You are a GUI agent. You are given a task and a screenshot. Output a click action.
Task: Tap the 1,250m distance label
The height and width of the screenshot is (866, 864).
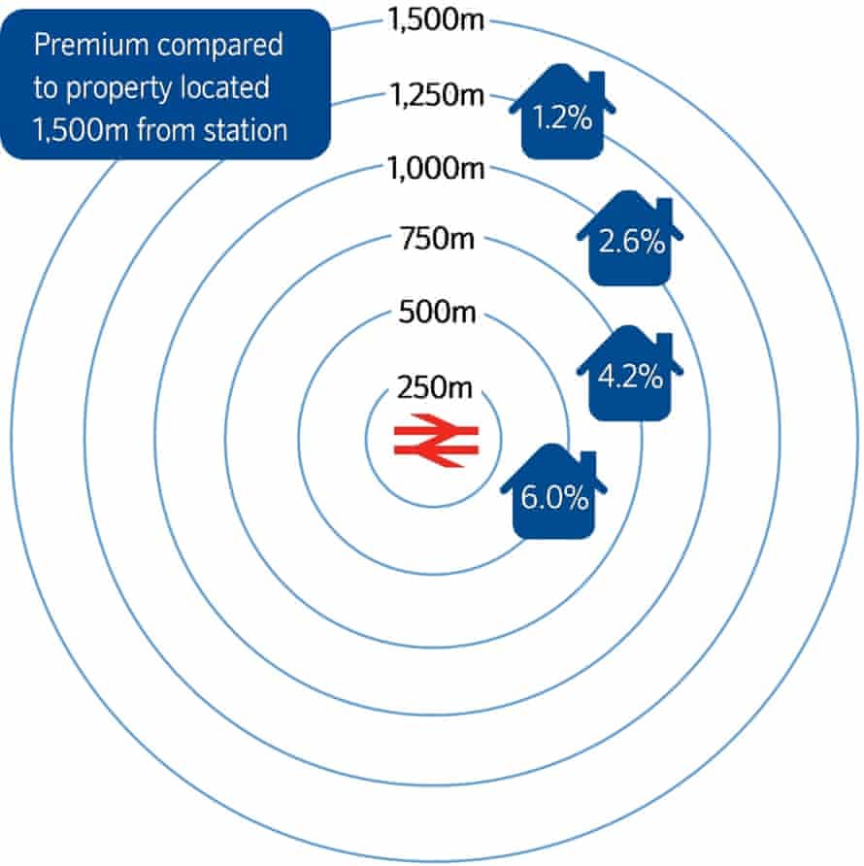pos(437,94)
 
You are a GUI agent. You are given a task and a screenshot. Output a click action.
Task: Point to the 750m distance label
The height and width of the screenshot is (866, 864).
pos(437,239)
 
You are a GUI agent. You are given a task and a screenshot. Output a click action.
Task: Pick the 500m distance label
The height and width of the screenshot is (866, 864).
pos(437,311)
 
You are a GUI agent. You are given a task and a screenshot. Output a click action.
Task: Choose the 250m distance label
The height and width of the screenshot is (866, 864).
pos(435,386)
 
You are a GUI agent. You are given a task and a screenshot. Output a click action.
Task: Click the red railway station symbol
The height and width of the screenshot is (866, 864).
pos(437,440)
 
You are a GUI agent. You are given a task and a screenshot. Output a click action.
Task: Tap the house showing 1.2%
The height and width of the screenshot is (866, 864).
pos(562,112)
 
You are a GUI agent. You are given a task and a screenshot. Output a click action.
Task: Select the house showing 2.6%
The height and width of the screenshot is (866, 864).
pos(630,239)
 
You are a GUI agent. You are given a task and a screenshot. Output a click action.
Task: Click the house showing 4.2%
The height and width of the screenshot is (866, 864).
pos(630,374)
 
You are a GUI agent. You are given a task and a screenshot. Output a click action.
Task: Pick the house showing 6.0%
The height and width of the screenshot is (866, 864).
pos(553,491)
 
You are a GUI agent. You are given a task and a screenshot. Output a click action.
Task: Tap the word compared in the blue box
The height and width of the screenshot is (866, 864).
pos(219,46)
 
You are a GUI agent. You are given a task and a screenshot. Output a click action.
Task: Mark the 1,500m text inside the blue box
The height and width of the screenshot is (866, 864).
pos(81,130)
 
